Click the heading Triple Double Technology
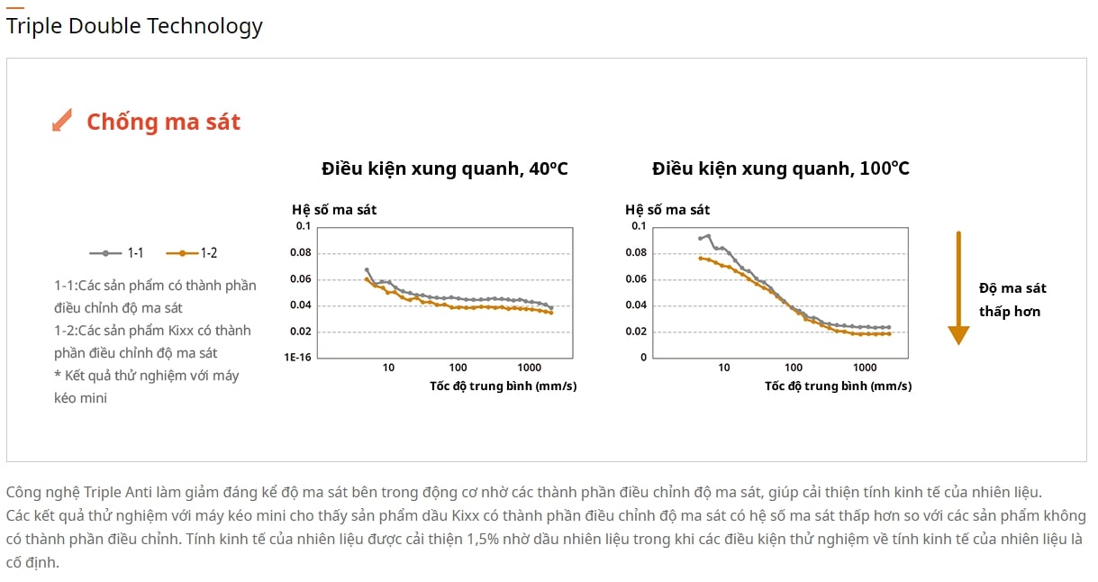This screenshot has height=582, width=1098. tap(134, 26)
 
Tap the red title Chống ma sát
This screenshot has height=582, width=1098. tap(163, 123)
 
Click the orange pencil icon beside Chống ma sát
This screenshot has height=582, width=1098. tap(62, 120)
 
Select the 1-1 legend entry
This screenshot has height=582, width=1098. tap(117, 253)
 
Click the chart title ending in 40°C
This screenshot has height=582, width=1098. tap(445, 168)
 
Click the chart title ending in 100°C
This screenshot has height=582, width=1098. tap(781, 168)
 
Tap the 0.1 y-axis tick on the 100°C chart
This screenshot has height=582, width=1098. tap(638, 226)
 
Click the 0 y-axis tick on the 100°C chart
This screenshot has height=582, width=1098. tap(642, 358)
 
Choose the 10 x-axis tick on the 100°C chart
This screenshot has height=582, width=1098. tap(724, 368)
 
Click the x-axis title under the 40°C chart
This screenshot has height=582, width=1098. tap(504, 386)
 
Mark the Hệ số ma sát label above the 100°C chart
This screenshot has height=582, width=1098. tap(667, 210)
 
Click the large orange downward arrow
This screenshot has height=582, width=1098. tap(958, 287)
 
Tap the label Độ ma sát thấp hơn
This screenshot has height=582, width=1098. tap(1012, 300)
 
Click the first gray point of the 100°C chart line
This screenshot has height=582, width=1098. tap(700, 239)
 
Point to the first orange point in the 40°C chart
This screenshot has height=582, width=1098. tap(367, 279)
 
